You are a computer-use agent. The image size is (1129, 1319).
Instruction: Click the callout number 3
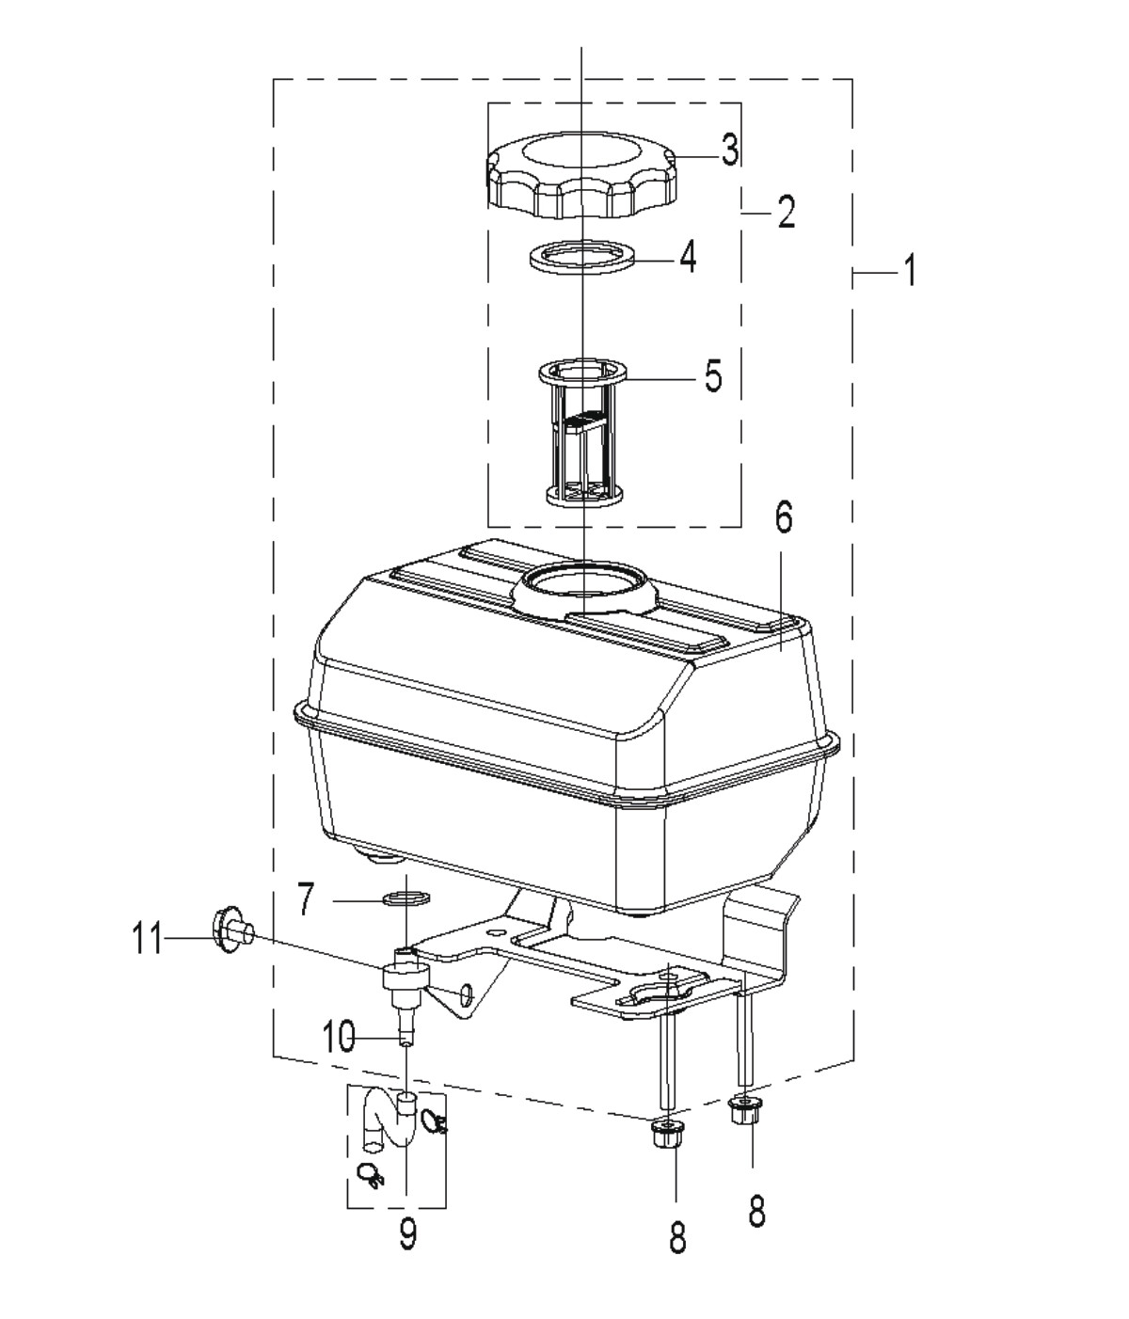click(x=729, y=150)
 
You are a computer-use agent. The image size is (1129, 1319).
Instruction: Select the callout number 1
click(x=910, y=270)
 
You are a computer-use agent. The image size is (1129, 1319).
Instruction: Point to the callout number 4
click(x=687, y=257)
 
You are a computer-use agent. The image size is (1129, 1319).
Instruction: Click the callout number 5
click(x=712, y=376)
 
